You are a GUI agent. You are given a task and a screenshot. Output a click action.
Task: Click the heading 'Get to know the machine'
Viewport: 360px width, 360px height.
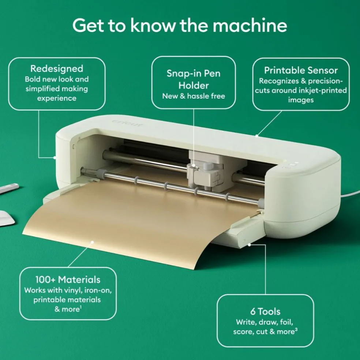[180, 25]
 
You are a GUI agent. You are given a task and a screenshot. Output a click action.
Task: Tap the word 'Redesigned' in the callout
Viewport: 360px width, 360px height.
[57, 68]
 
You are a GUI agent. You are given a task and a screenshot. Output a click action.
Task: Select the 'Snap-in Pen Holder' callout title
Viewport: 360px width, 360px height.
[194, 79]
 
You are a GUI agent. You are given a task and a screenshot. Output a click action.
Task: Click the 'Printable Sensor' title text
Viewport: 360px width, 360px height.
[301, 70]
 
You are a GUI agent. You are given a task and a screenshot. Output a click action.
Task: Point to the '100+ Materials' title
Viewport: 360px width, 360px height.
[68, 280]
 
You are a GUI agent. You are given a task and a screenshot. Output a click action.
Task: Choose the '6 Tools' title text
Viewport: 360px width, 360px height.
[265, 312]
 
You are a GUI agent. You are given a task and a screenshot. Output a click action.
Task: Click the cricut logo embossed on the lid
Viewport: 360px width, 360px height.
[127, 123]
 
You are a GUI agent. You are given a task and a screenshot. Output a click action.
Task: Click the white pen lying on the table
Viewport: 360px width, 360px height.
[9, 188]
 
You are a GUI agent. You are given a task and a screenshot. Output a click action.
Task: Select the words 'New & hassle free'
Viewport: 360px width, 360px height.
[194, 96]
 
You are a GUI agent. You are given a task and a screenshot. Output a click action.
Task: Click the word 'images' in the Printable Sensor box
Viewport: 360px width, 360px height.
[301, 100]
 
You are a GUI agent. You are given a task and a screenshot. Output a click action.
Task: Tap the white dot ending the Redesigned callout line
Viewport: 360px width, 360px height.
[55, 157]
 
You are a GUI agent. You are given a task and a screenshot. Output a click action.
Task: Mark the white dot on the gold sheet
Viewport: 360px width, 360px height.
[92, 242]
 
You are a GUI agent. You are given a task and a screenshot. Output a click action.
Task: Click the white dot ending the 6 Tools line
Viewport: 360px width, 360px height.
[250, 245]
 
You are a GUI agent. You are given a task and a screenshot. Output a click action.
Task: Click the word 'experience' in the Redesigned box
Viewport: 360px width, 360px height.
[57, 98]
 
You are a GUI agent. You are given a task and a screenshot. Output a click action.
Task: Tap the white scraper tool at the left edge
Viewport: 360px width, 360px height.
[7, 218]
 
